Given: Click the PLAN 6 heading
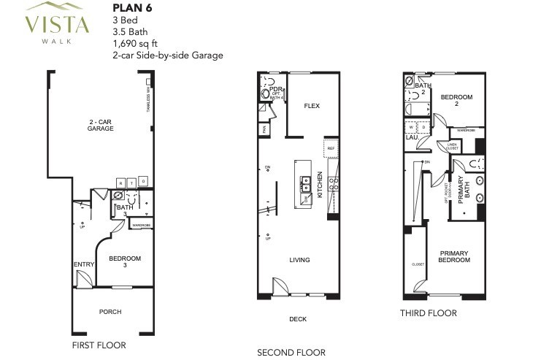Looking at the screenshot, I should pyautogui.click(x=131, y=9).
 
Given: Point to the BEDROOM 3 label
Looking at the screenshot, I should pyautogui.click(x=125, y=261).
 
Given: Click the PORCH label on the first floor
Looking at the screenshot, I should pyautogui.click(x=110, y=312).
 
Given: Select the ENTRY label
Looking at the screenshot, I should pyautogui.click(x=80, y=264).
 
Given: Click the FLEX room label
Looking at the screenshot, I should pyautogui.click(x=312, y=106).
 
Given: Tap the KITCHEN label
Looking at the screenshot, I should pyautogui.click(x=319, y=184).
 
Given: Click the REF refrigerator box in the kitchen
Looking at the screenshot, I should pyautogui.click(x=331, y=148).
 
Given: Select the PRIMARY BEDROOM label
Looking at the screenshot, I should pyautogui.click(x=453, y=256).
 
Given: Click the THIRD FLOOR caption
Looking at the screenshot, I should pyautogui.click(x=429, y=313).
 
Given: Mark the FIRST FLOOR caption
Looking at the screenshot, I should pyautogui.click(x=99, y=345).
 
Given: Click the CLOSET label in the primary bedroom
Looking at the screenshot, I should pyautogui.click(x=418, y=265).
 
